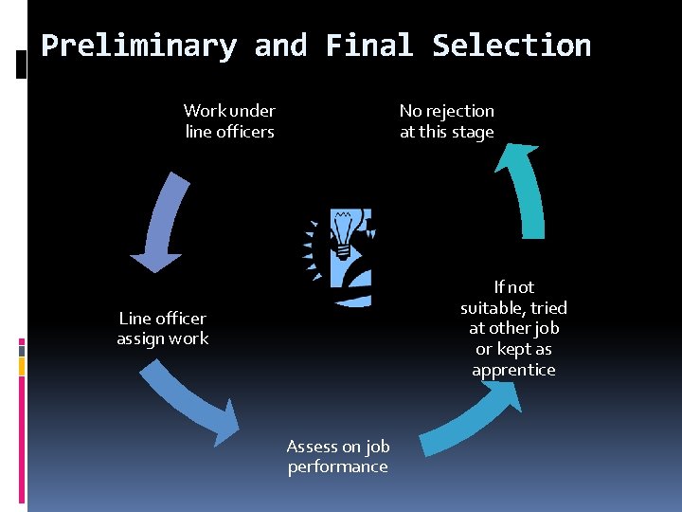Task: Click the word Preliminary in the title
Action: point(138,46)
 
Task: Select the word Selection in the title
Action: point(511,46)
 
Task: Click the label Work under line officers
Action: point(229,121)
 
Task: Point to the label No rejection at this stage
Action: point(446,121)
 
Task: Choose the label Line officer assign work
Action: point(162,328)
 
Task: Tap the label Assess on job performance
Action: point(337,456)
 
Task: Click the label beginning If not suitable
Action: point(513,328)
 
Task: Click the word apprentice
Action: point(513,370)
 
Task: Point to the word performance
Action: point(338,466)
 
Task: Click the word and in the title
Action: point(280,46)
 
